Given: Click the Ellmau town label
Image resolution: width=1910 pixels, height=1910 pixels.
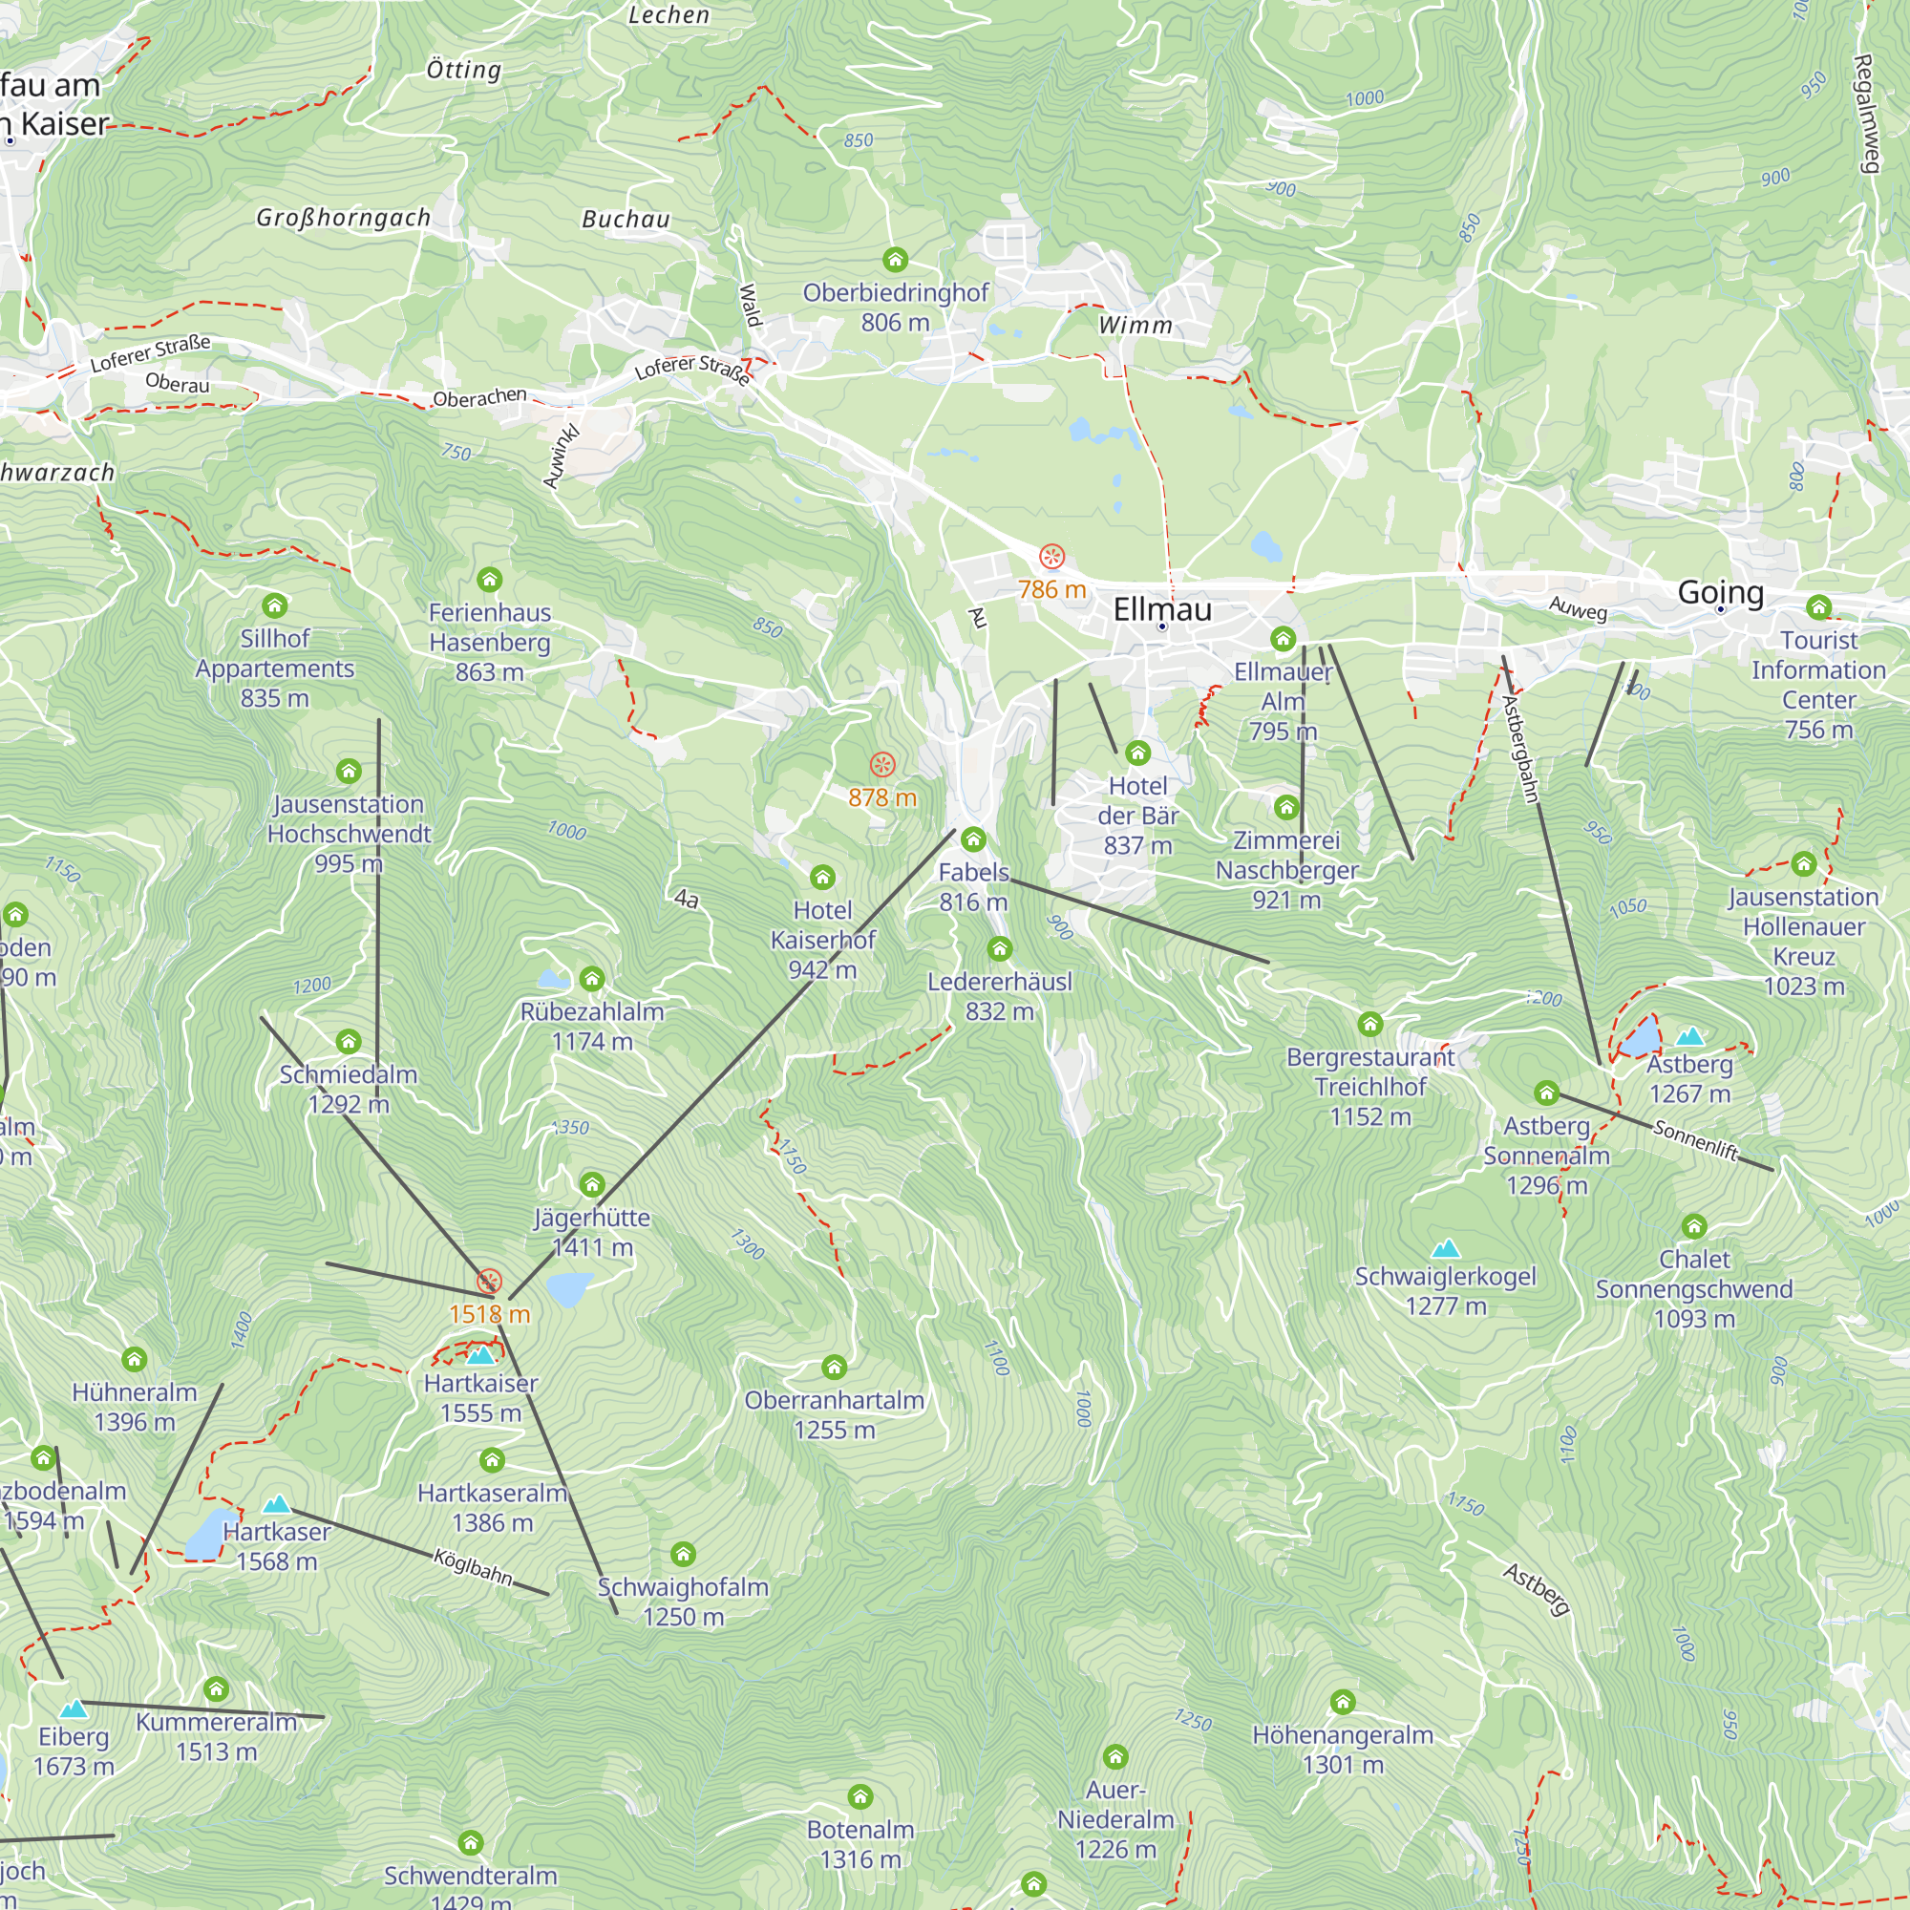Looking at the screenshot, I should point(1161,609).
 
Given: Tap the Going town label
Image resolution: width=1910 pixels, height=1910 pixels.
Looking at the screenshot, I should point(1720,592).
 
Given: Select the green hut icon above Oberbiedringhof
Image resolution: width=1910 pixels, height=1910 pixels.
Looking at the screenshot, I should point(895,260).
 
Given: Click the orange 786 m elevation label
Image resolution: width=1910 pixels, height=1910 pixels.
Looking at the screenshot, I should point(1051,590).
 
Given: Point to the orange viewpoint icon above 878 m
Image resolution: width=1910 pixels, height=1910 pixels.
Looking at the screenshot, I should point(881,764).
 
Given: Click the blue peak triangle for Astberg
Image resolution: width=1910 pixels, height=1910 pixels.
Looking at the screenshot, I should point(1689,1037).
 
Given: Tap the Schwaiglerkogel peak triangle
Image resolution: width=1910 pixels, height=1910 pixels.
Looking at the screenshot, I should point(1445,1248).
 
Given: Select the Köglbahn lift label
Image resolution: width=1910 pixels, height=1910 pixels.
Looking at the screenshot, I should point(474,1568).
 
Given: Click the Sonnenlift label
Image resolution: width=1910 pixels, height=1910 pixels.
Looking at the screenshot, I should point(1694,1140).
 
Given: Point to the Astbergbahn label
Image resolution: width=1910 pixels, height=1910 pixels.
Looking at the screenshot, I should point(1520,749).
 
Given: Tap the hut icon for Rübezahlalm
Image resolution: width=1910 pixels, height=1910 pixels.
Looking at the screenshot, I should point(591,980).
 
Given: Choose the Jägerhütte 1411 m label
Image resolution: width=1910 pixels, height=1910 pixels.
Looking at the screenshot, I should point(591,1232).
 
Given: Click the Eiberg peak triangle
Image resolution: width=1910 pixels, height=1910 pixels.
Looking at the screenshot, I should point(74,1708).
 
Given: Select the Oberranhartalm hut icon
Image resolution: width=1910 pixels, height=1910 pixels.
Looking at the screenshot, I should point(834,1368).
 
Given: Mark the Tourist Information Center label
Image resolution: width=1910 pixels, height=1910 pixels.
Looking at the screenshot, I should point(1818,684).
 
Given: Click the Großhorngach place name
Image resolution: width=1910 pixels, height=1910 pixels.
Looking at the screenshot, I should point(343,218).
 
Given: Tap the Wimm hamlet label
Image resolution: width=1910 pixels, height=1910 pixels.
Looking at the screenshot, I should point(1135,326).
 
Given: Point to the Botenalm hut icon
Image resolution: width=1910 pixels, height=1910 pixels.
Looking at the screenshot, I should point(860,1796).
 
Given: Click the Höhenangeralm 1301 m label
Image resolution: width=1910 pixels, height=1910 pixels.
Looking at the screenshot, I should point(1342,1749).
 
